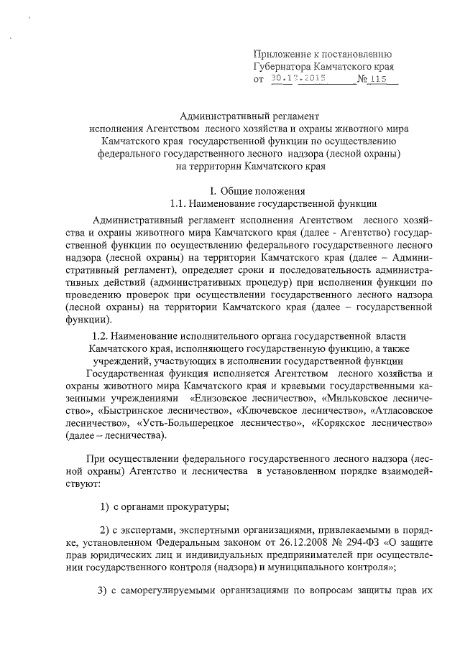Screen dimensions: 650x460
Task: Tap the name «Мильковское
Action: [357, 396]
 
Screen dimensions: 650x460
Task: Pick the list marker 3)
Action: [101, 591]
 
